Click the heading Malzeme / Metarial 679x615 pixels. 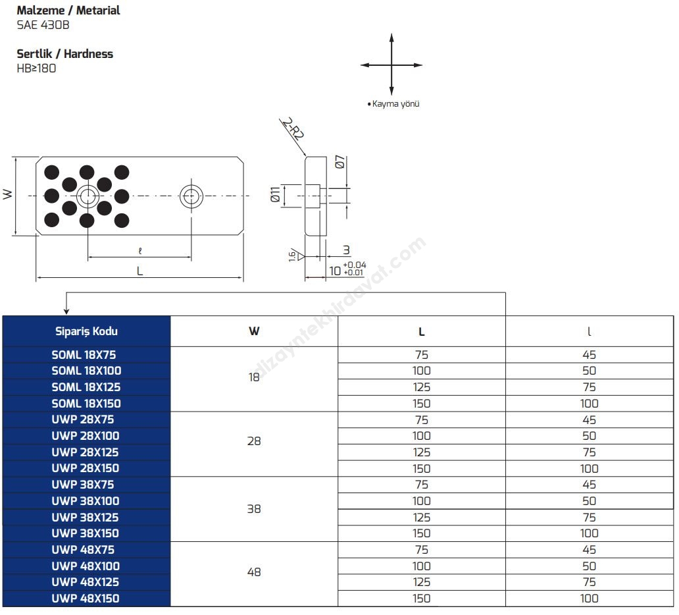click(x=68, y=11)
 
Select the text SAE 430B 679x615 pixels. click(x=43, y=26)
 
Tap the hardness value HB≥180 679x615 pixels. click(x=36, y=68)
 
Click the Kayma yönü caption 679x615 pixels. click(x=395, y=104)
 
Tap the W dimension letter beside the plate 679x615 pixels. click(x=7, y=194)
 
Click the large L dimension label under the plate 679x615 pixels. click(x=139, y=271)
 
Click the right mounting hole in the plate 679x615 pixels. click(x=191, y=195)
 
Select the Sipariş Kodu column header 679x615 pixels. click(x=86, y=331)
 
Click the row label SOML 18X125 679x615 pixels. click(x=86, y=387)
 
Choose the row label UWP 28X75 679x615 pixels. click(x=86, y=419)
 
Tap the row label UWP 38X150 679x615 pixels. click(x=86, y=533)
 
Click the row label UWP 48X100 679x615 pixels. click(x=86, y=566)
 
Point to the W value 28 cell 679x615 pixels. click(x=254, y=441)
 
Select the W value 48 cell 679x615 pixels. click(x=254, y=572)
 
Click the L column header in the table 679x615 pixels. click(x=422, y=332)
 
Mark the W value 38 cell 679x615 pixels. click(x=254, y=509)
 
